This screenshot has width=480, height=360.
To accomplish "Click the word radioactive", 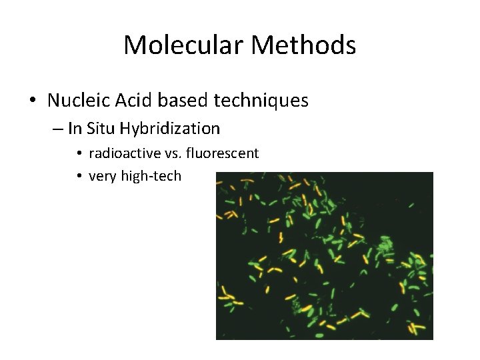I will pos(125,153).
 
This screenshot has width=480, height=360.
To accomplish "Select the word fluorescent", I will pos(223,153).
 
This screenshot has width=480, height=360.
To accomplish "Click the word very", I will pos(102,177).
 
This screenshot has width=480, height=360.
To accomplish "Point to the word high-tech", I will pos(151,177).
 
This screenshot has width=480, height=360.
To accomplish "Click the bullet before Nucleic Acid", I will pos(33,101).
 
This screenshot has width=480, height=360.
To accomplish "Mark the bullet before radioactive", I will pos(79,154).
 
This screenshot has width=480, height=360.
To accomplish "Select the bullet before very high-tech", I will pos(79,177).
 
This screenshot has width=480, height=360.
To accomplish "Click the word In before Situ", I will pos(74,128).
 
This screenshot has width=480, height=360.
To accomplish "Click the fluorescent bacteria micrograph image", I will pos(325,255).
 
